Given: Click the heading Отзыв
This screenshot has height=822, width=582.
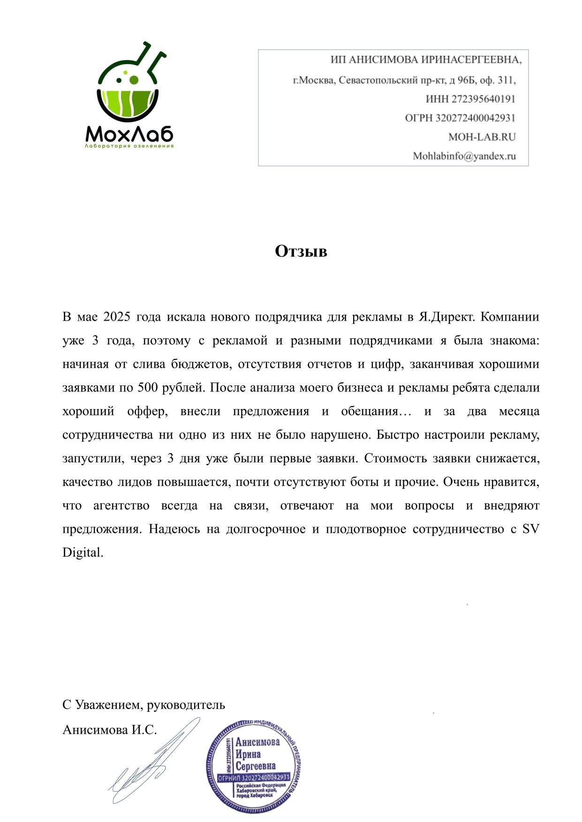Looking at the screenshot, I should pos(301,252).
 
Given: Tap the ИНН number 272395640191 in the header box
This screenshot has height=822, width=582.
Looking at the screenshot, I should pos(483,99).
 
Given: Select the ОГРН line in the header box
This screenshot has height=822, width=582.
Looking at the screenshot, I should pos(460,118).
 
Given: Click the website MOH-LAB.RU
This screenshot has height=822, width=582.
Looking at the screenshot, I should pos(482,137).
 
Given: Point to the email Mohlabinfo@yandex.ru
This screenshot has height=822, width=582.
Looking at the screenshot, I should pos(464,157).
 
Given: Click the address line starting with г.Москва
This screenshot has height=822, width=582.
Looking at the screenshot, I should pos(404,80).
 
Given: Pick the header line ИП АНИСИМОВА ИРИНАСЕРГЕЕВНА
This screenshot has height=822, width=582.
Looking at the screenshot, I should pos(426,60).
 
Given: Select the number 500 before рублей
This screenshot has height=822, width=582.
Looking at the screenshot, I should pos(148,388).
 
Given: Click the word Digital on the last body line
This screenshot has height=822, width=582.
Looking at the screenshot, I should pos(82,553).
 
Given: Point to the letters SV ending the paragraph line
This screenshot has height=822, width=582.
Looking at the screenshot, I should pos(530,530).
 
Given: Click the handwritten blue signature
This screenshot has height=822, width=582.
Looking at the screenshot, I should pos(150,762).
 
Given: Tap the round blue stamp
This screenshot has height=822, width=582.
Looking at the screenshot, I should pos(253,766).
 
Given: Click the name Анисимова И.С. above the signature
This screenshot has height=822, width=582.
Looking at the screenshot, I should pos(109,730).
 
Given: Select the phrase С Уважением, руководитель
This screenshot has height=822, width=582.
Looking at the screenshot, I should pos(144,705).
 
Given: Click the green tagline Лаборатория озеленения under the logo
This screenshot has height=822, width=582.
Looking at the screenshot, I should pos(129,146).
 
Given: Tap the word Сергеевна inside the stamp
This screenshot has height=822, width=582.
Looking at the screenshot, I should pos(256,766).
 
